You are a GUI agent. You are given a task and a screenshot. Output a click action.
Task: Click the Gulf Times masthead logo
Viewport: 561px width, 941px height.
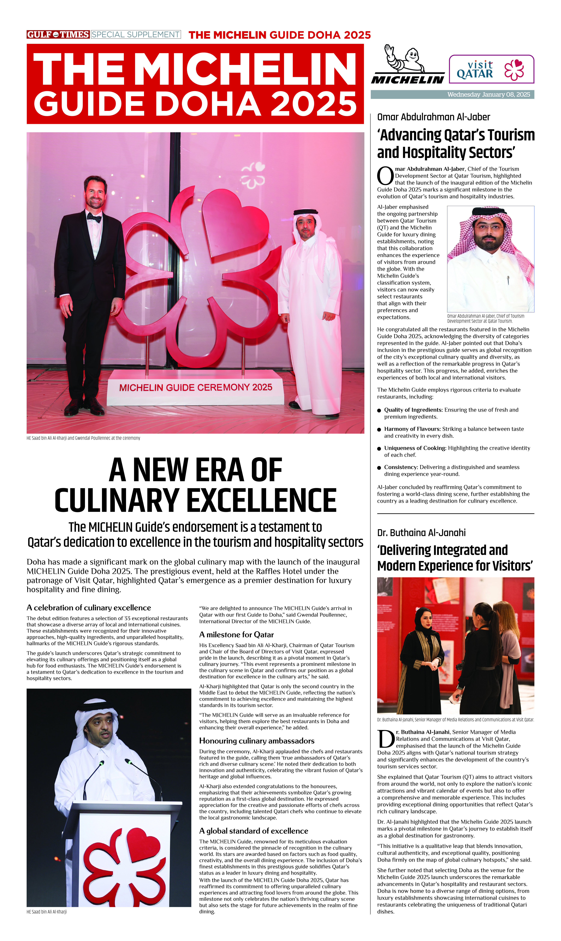click(x=58, y=34)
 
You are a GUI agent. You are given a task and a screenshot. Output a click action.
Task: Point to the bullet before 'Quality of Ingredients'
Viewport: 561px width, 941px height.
click(x=379, y=411)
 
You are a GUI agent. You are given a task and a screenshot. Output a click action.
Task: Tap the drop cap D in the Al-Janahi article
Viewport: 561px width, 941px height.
click(x=386, y=740)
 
